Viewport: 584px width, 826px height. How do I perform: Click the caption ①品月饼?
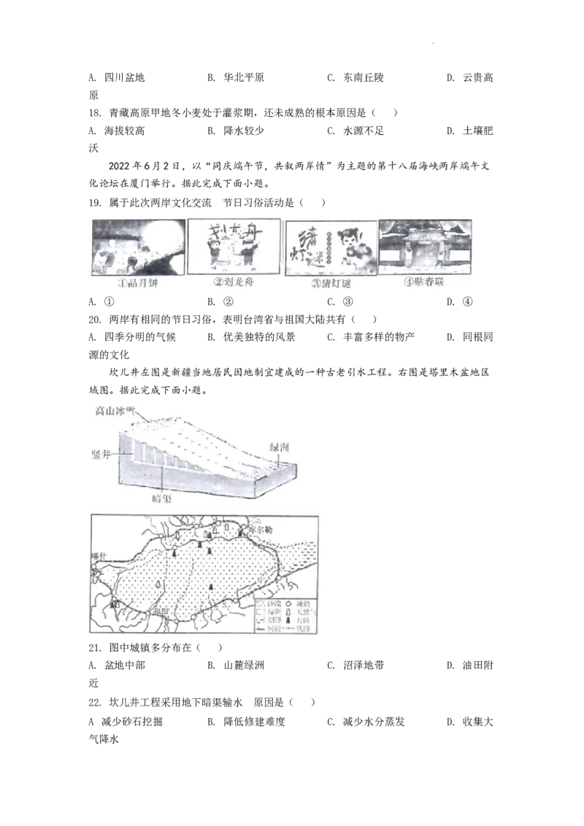point(137,284)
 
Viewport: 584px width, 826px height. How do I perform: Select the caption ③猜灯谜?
point(331,284)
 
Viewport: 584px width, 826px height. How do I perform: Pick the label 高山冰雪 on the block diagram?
point(115,410)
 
